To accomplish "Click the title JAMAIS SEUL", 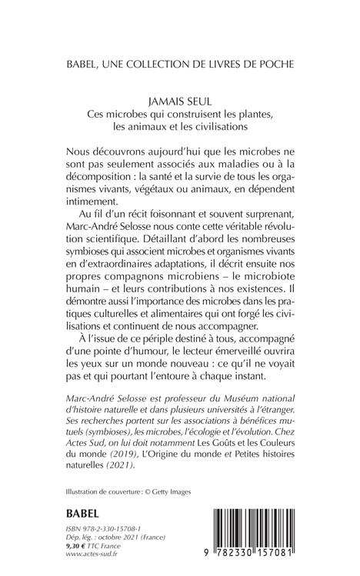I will (x=181, y=99).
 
